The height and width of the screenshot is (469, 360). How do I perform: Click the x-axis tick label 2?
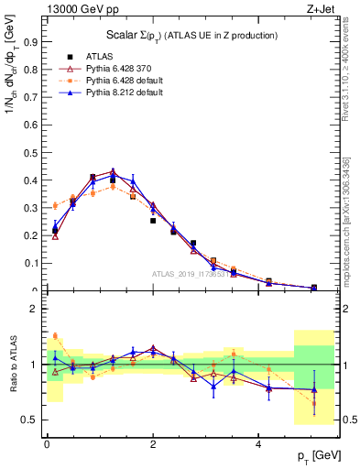153,444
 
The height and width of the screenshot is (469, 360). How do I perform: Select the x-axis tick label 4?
259,444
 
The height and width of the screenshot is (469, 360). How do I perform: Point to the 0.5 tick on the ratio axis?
30,420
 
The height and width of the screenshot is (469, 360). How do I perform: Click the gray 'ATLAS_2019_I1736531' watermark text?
197,273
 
